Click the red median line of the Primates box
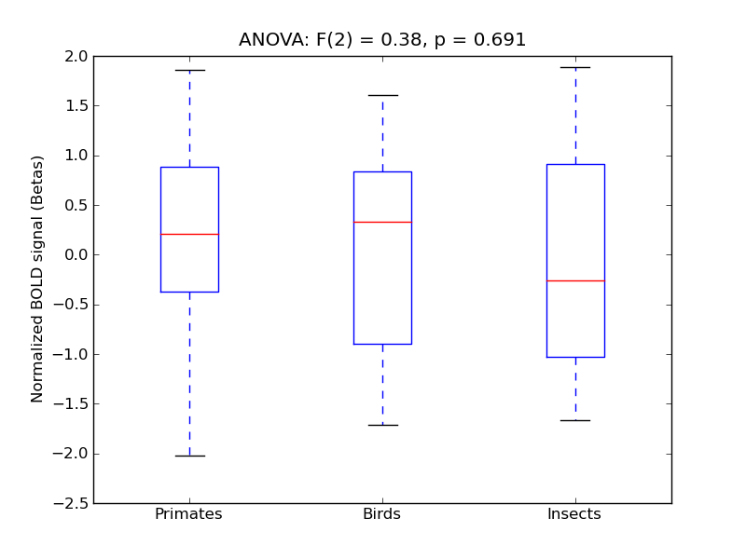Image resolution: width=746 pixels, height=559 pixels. (x=189, y=234)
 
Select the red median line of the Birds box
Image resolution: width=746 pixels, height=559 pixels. (x=382, y=222)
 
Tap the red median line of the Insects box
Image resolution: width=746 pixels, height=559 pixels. (x=575, y=280)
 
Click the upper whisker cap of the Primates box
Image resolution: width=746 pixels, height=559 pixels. (x=189, y=70)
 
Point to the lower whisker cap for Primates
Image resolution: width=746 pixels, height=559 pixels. (x=189, y=456)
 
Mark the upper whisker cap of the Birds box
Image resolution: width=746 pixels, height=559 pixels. (x=382, y=95)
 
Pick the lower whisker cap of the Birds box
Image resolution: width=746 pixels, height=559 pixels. (x=382, y=425)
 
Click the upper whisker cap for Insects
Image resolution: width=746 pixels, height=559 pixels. (x=575, y=67)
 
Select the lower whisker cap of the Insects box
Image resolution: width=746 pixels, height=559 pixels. (x=575, y=420)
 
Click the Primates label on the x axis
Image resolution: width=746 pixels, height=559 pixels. (x=188, y=514)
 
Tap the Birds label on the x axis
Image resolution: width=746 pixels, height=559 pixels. (x=381, y=514)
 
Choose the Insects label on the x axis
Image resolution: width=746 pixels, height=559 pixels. (x=573, y=514)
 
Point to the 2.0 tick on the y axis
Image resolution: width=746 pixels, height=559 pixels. (x=76, y=56)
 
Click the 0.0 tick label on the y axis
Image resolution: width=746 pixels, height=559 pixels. (x=76, y=255)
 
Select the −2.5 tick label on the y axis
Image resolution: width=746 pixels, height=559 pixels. (x=72, y=503)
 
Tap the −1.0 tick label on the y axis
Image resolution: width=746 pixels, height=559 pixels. (x=72, y=354)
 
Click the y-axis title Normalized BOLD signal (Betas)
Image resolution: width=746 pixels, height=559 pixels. (x=38, y=279)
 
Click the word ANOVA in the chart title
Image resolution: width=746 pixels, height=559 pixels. (x=268, y=40)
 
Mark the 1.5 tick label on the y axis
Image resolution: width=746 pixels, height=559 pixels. (x=76, y=106)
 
